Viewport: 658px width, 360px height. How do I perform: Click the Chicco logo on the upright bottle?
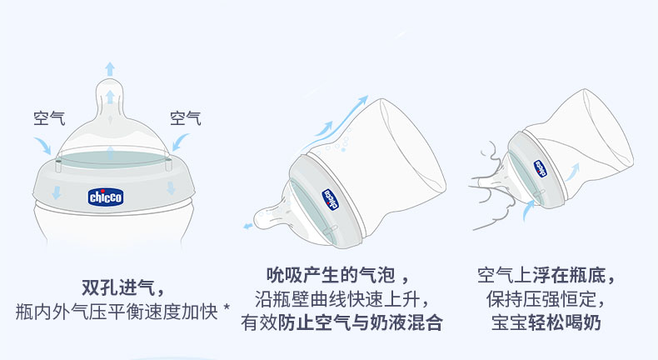tap(105, 197)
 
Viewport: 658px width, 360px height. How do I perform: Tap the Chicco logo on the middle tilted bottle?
tap(330, 199)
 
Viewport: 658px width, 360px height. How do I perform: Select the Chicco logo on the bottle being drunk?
tap(541, 168)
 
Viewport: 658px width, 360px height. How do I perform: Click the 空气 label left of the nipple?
tap(49, 118)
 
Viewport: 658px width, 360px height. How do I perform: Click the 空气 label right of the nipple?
tap(186, 118)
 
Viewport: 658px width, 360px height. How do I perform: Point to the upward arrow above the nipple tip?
tap(110, 68)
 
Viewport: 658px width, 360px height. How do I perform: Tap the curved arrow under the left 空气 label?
tap(42, 145)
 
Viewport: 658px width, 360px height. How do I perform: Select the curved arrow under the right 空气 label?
tap(181, 142)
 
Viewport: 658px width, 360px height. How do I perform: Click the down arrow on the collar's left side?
tap(57, 192)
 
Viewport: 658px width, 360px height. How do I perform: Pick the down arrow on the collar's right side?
tap(171, 187)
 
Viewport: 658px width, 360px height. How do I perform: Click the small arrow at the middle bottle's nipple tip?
tap(248, 226)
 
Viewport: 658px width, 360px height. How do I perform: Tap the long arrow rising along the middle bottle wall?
tap(344, 117)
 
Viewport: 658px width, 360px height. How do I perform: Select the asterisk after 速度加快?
tap(227, 307)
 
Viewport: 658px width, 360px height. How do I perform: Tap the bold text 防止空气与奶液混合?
tap(360, 322)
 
